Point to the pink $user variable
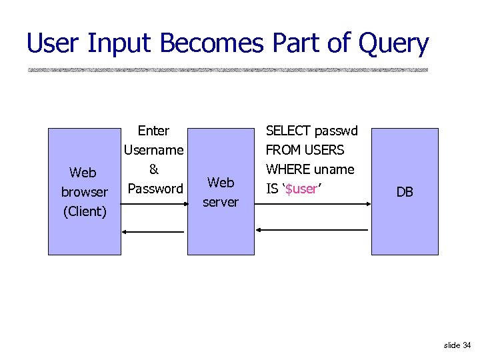pyautogui.click(x=301, y=189)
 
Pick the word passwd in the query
pyautogui.click(x=337, y=131)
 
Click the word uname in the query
pyautogui.click(x=335, y=169)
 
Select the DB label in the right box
pyautogui.click(x=405, y=192)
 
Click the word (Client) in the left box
pyautogui.click(x=84, y=211)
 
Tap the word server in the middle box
pyautogui.click(x=221, y=201)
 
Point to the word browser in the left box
pyautogui.click(x=84, y=192)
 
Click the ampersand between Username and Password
pyautogui.click(x=153, y=169)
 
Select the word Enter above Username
pyautogui.click(x=153, y=131)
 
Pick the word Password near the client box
pyautogui.click(x=155, y=189)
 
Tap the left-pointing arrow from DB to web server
pyautogui.click(x=312, y=230)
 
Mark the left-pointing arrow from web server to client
pyautogui.click(x=153, y=231)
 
